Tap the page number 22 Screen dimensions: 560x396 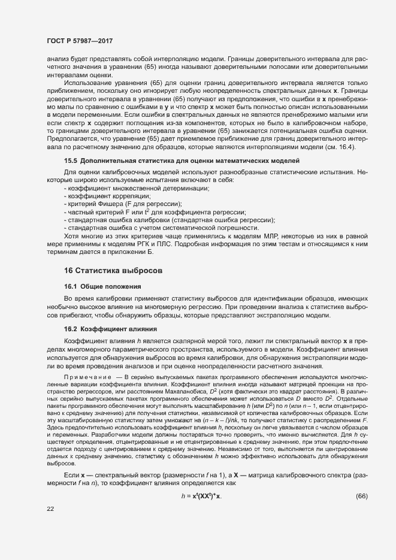pyautogui.click(x=50, y=509)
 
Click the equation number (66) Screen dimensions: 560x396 pyautogui.click(x=361, y=497)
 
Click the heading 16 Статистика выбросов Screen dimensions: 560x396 pyautogui.click(x=111, y=271)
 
